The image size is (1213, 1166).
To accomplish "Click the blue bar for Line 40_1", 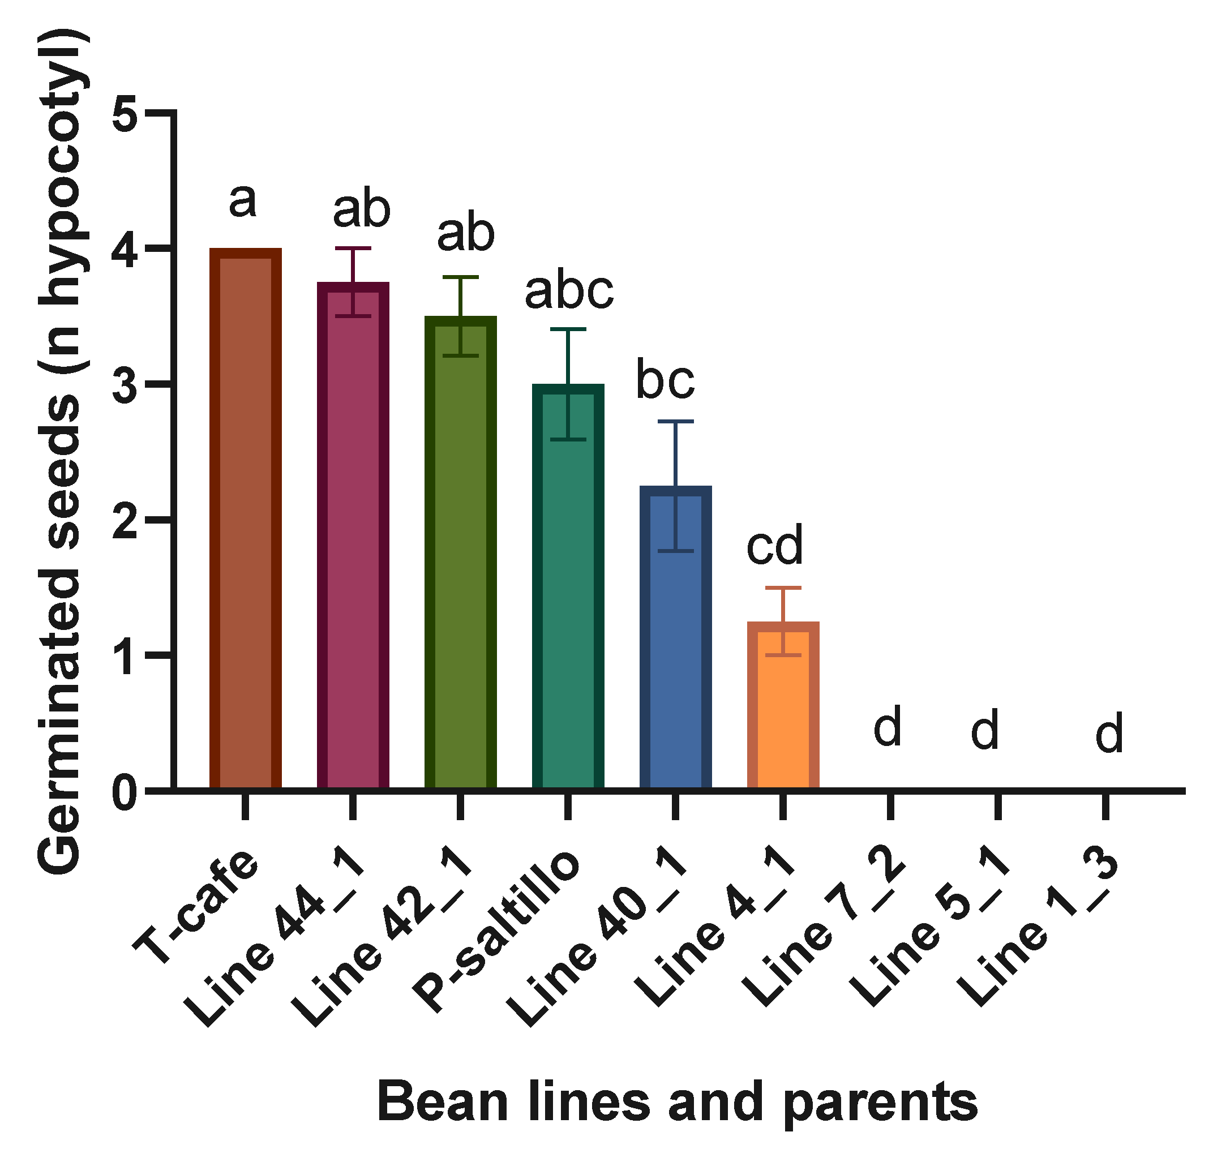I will click(675, 637).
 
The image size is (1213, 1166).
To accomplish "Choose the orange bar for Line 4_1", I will click(783, 705).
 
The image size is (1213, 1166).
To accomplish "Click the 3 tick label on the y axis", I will click(126, 384).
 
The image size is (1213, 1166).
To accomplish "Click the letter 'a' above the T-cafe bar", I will click(242, 201).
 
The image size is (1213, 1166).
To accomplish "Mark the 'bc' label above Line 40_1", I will click(665, 380).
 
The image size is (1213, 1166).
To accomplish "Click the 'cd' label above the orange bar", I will click(774, 545).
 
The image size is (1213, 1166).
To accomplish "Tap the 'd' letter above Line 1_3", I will click(1109, 734).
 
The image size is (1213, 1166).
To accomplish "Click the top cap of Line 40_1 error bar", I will click(675, 422).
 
